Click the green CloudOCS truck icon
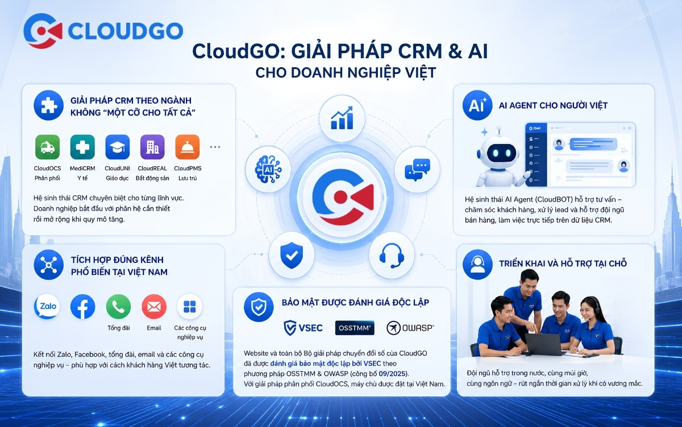pyautogui.click(x=48, y=147)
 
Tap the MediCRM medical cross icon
pyautogui.click(x=82, y=147)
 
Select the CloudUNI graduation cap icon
pyautogui.click(x=118, y=147)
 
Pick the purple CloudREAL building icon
pyautogui.click(x=152, y=147)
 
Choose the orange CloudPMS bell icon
pyautogui.click(x=188, y=147)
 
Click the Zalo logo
pyautogui.click(x=47, y=306)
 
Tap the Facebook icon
pyautogui.click(x=82, y=306)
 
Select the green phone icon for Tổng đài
pyautogui.click(x=118, y=306)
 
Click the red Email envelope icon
pyautogui.click(x=154, y=306)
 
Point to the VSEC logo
pyautogui.click(x=303, y=328)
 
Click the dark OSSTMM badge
pyautogui.click(x=355, y=328)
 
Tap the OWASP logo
pyautogui.click(x=410, y=328)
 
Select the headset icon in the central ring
pyautogui.click(x=392, y=255)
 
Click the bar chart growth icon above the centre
pyautogui.click(x=342, y=118)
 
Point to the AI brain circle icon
pyautogui.click(x=268, y=169)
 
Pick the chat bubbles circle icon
pyautogui.click(x=417, y=169)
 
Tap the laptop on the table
pyautogui.click(x=545, y=344)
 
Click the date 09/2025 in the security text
pyautogui.click(x=392, y=373)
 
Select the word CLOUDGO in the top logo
pyautogui.click(x=126, y=31)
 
